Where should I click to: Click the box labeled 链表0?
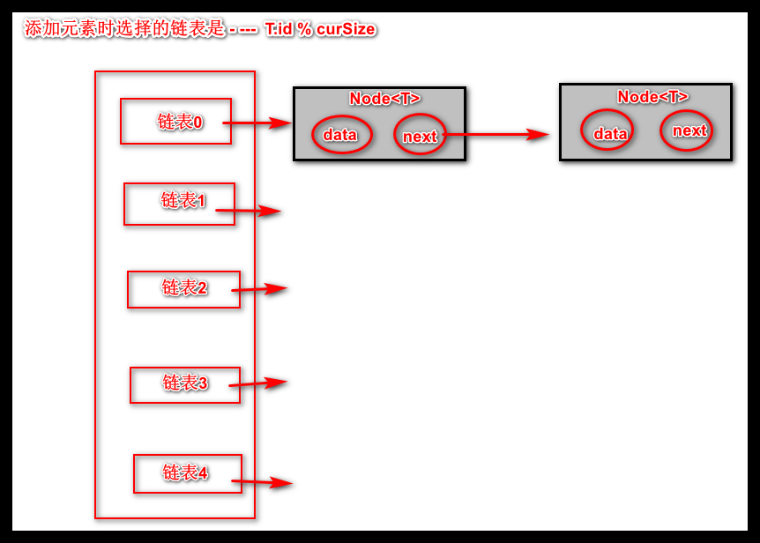pos(175,122)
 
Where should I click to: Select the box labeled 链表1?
pos(179,204)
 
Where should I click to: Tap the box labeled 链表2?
pos(183,289)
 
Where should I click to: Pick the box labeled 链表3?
pos(184,384)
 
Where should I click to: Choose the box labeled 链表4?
pos(187,474)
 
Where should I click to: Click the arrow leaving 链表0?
pos(260,123)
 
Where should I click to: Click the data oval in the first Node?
pos(341,135)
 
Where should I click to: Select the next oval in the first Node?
pos(419,135)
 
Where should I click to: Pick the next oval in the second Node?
pos(687,130)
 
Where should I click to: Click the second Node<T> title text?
pos(652,97)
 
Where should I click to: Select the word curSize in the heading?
pos(346,29)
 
